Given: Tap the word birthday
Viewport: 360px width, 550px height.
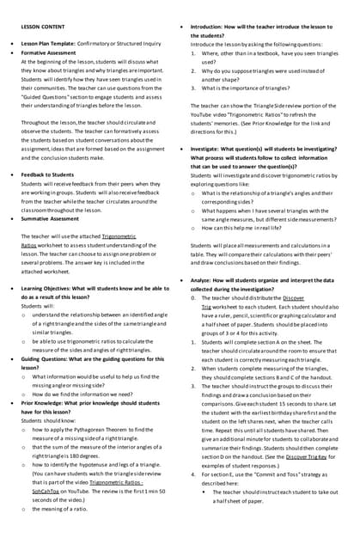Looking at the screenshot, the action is tap(282, 413).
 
